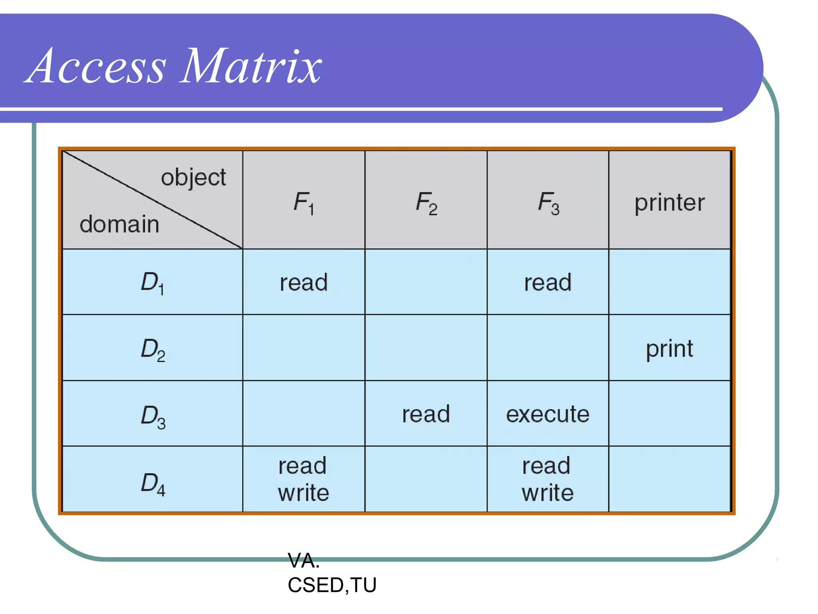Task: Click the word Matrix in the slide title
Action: coord(251,66)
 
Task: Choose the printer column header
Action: coord(669,202)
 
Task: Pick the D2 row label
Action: coord(153,349)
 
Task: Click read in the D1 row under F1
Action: coord(304,282)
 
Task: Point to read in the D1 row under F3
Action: coord(548,282)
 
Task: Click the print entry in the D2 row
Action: coord(669,349)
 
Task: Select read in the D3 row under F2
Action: coord(426,414)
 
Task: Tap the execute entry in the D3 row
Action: coord(548,414)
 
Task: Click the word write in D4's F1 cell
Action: coord(304,492)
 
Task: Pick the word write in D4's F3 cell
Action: coord(548,492)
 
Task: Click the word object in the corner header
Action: coord(193,177)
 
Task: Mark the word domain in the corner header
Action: coord(119,224)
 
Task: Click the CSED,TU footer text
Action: coord(332,585)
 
